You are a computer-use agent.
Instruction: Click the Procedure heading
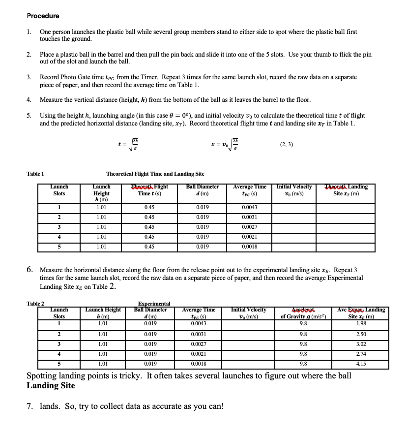[43, 16]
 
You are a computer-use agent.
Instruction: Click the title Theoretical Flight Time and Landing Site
[155, 174]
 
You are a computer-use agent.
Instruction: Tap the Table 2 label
[35, 304]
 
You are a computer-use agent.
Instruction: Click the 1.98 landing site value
[361, 323]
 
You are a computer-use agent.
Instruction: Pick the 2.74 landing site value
[361, 354]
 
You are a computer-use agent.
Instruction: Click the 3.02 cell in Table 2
[361, 344]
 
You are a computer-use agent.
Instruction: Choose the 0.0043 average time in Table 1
[250, 207]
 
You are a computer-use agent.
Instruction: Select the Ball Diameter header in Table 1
[203, 190]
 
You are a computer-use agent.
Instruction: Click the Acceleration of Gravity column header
[303, 313]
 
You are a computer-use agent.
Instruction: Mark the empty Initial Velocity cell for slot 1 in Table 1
[294, 207]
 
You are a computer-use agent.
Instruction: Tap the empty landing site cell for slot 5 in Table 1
[345, 247]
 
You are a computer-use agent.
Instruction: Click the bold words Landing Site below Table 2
[51, 386]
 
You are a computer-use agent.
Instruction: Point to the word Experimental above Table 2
[154, 304]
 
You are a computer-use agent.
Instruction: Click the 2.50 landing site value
[361, 334]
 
